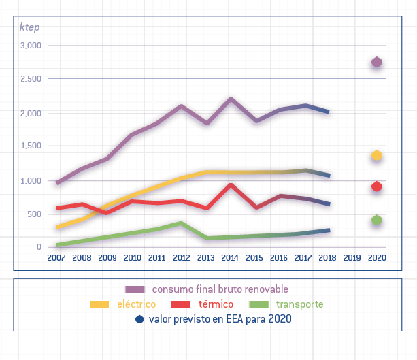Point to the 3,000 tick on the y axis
(x=31, y=46)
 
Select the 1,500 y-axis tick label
(x=31, y=146)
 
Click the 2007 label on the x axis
(x=56, y=259)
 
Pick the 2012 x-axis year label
(x=181, y=259)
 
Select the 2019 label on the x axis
(x=352, y=259)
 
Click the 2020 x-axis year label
(x=376, y=259)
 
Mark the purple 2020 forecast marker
(x=377, y=63)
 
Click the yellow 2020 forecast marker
(x=377, y=156)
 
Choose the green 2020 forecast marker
(x=377, y=220)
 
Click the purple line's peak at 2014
(x=231, y=99)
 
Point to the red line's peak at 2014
(x=231, y=184)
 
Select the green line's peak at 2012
(x=181, y=223)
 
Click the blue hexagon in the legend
(x=139, y=318)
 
